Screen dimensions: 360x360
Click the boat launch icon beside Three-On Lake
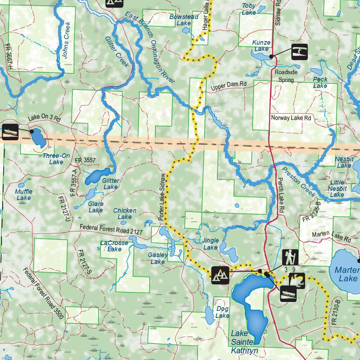[x=10, y=132]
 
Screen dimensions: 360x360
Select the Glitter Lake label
[x=111, y=184]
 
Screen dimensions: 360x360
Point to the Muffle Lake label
[x=24, y=195]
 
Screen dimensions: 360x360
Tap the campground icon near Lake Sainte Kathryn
[x=220, y=275]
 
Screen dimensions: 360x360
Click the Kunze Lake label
[x=262, y=46]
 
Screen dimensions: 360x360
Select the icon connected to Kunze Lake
[x=300, y=52]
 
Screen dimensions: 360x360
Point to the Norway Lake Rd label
[x=291, y=118]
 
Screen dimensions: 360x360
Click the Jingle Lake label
[x=211, y=244]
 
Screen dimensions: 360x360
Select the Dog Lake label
[x=223, y=312]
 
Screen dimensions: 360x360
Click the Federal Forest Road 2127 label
[x=111, y=231]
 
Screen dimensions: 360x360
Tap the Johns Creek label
[x=66, y=40]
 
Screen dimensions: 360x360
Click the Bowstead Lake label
[x=184, y=20]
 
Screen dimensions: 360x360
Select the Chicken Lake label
[x=124, y=214]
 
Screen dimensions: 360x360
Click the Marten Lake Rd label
[x=332, y=237]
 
